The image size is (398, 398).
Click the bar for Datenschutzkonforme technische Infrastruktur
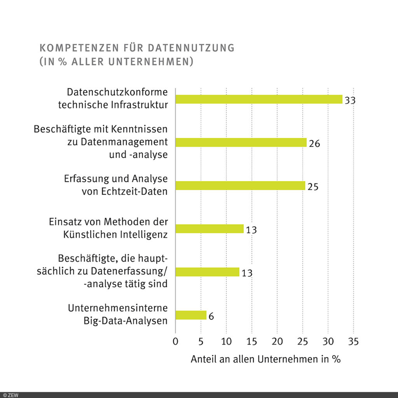point(259,99)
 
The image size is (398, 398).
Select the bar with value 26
point(241,142)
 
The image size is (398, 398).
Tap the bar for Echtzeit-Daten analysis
point(240,186)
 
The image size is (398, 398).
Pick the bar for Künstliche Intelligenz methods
point(209,229)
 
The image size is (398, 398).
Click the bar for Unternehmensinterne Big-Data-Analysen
point(191,315)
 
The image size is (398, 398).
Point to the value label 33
point(350,100)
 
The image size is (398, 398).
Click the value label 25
point(313,187)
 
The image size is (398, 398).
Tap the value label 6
point(211,316)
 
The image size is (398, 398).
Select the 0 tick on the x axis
point(175,342)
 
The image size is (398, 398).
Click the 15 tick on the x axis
point(251,342)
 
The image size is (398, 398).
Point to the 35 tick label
point(353,342)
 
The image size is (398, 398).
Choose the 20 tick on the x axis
point(277,342)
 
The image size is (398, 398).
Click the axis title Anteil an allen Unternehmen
point(265,360)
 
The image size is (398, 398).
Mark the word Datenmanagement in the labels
point(124,142)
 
